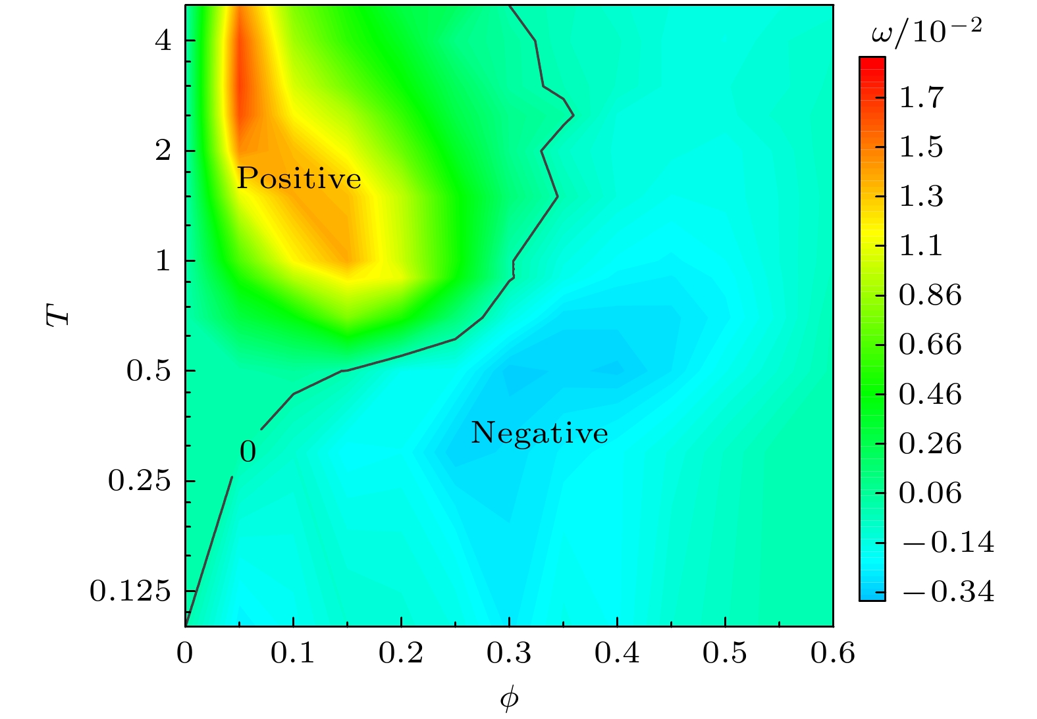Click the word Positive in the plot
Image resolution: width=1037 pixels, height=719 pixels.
pos(299,178)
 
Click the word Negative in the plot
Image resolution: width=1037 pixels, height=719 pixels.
pos(539,433)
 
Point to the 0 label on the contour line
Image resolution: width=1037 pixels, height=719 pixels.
pos(248,452)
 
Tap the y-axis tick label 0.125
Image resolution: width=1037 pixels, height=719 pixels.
pos(130,591)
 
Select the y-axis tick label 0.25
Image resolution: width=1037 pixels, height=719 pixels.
pos(139,481)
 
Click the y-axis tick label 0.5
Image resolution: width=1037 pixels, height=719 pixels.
pos(148,371)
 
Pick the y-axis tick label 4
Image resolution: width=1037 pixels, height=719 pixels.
pos(163,41)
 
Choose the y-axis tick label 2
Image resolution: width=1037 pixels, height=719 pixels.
pos(163,151)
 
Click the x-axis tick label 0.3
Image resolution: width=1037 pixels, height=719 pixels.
pos(508,653)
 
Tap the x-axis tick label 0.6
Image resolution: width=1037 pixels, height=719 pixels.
pos(832,653)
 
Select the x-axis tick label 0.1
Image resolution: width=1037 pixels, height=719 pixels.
pos(292,653)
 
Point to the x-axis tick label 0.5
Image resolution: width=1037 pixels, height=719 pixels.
pos(724,653)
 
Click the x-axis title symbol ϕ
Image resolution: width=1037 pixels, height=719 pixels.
pos(509,699)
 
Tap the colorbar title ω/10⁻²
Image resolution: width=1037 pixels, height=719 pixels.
pos(926,31)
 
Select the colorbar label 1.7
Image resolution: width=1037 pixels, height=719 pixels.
pos(921,97)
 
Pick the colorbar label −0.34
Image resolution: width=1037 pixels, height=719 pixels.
pos(948,592)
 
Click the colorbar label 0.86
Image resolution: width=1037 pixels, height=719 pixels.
pos(930,295)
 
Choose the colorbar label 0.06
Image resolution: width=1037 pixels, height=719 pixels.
pos(930,493)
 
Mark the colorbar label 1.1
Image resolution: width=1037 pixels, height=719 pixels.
pos(921,245)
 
